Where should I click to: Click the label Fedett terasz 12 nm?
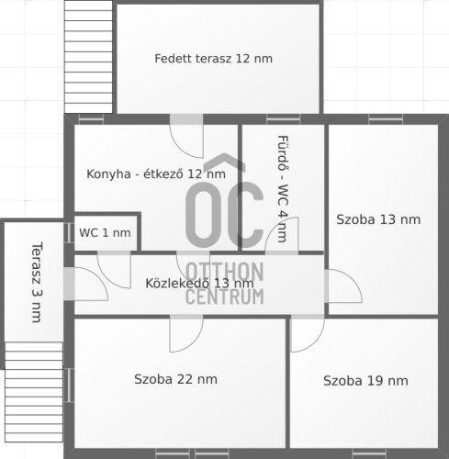(x=213, y=59)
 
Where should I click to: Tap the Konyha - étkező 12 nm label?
(x=156, y=174)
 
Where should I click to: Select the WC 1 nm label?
(x=105, y=233)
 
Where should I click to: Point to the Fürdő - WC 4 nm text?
(x=283, y=189)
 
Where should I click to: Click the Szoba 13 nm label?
(x=378, y=219)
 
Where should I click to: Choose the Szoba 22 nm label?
(x=175, y=379)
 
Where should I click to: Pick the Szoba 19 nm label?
(x=365, y=381)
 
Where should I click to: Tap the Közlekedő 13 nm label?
(x=199, y=283)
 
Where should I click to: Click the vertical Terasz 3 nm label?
(x=37, y=282)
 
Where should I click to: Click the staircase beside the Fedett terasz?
(x=88, y=57)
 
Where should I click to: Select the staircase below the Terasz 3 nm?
(x=34, y=392)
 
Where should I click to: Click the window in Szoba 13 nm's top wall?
(x=386, y=119)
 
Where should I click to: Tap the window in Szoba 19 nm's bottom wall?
(x=369, y=453)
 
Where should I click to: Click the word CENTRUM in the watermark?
(x=225, y=297)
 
